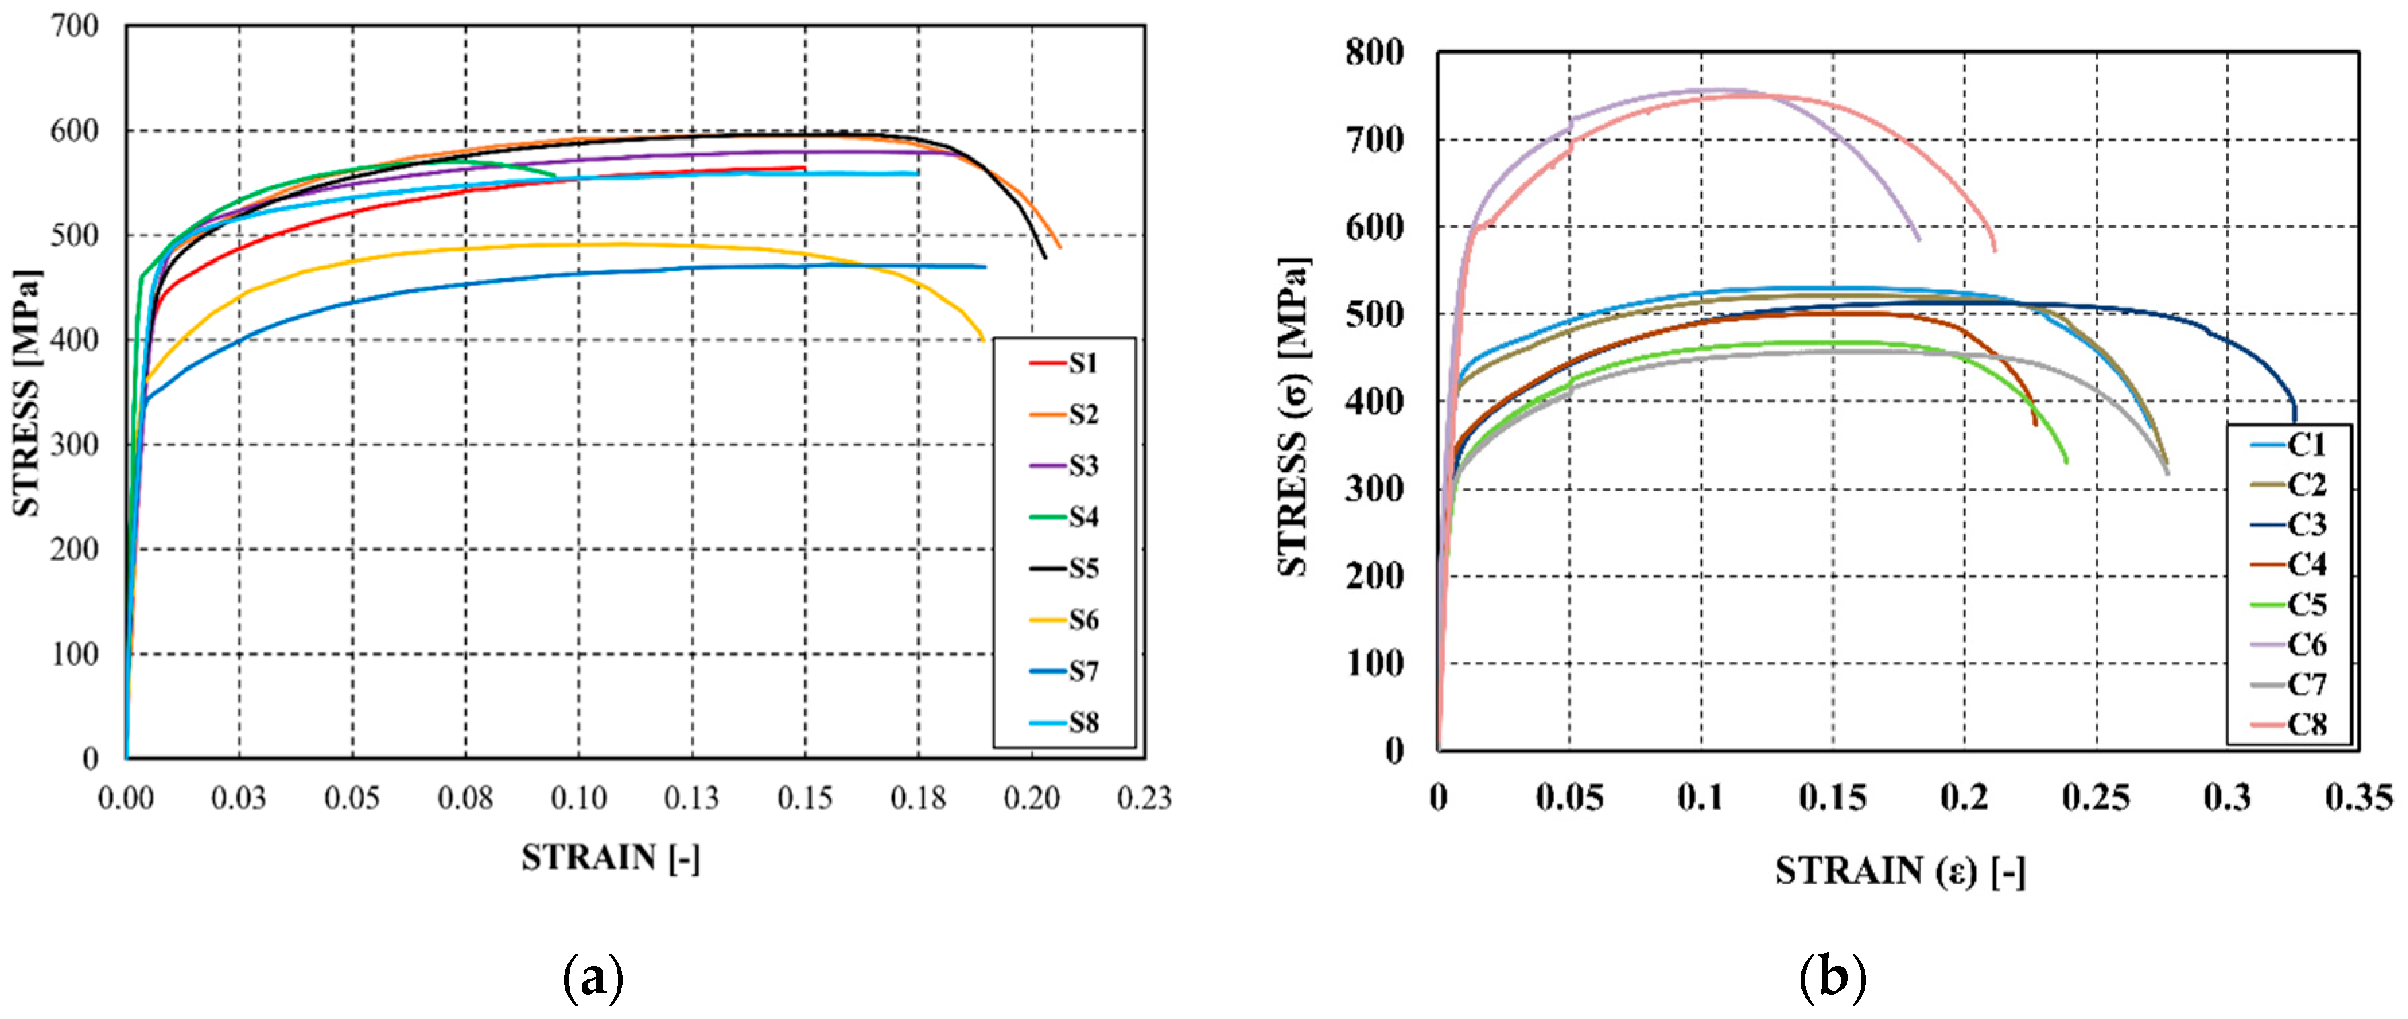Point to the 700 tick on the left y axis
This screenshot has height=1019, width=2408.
74,26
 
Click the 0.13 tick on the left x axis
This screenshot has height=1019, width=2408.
692,798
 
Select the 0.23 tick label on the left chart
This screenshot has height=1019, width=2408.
1144,798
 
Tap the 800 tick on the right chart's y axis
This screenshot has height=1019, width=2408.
1374,52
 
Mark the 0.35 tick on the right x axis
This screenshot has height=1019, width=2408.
2358,798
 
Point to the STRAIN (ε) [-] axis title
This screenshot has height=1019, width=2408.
1900,872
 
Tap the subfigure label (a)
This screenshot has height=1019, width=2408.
594,979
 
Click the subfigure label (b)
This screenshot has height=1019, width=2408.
1832,979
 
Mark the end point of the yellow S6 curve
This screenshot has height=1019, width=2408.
984,339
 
